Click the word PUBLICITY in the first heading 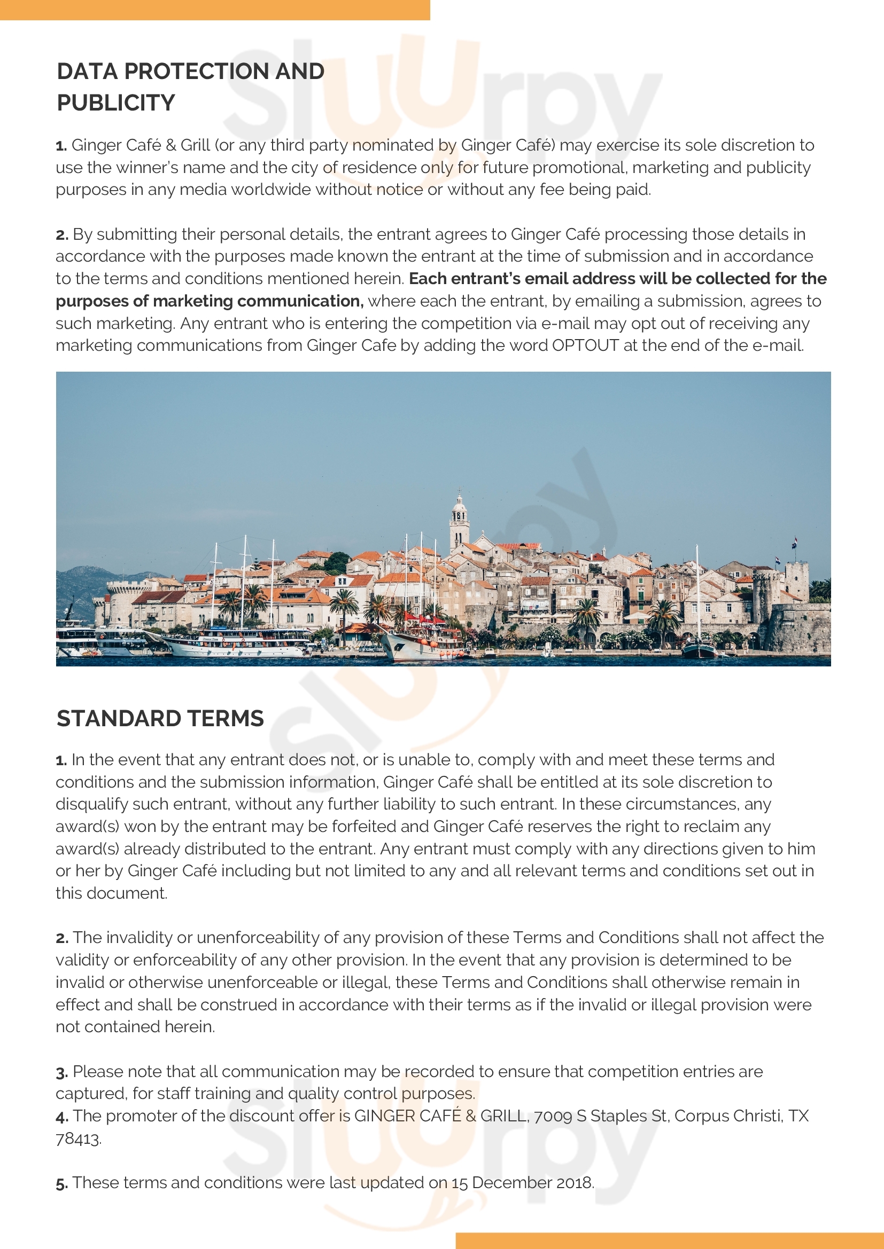116,103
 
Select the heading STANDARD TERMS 160,718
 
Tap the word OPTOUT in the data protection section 585,345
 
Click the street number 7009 553,1116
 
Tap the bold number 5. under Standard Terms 61,1183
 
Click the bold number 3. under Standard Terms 61,1072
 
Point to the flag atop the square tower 795,541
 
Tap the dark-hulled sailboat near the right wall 700,649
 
